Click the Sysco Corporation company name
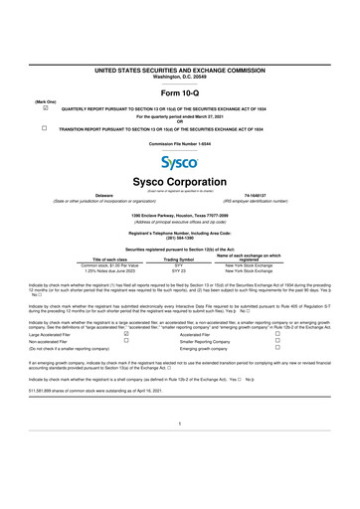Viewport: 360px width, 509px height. (x=180, y=183)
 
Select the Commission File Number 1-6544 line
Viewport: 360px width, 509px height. (x=180, y=145)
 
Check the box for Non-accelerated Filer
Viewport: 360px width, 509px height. (x=125, y=342)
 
